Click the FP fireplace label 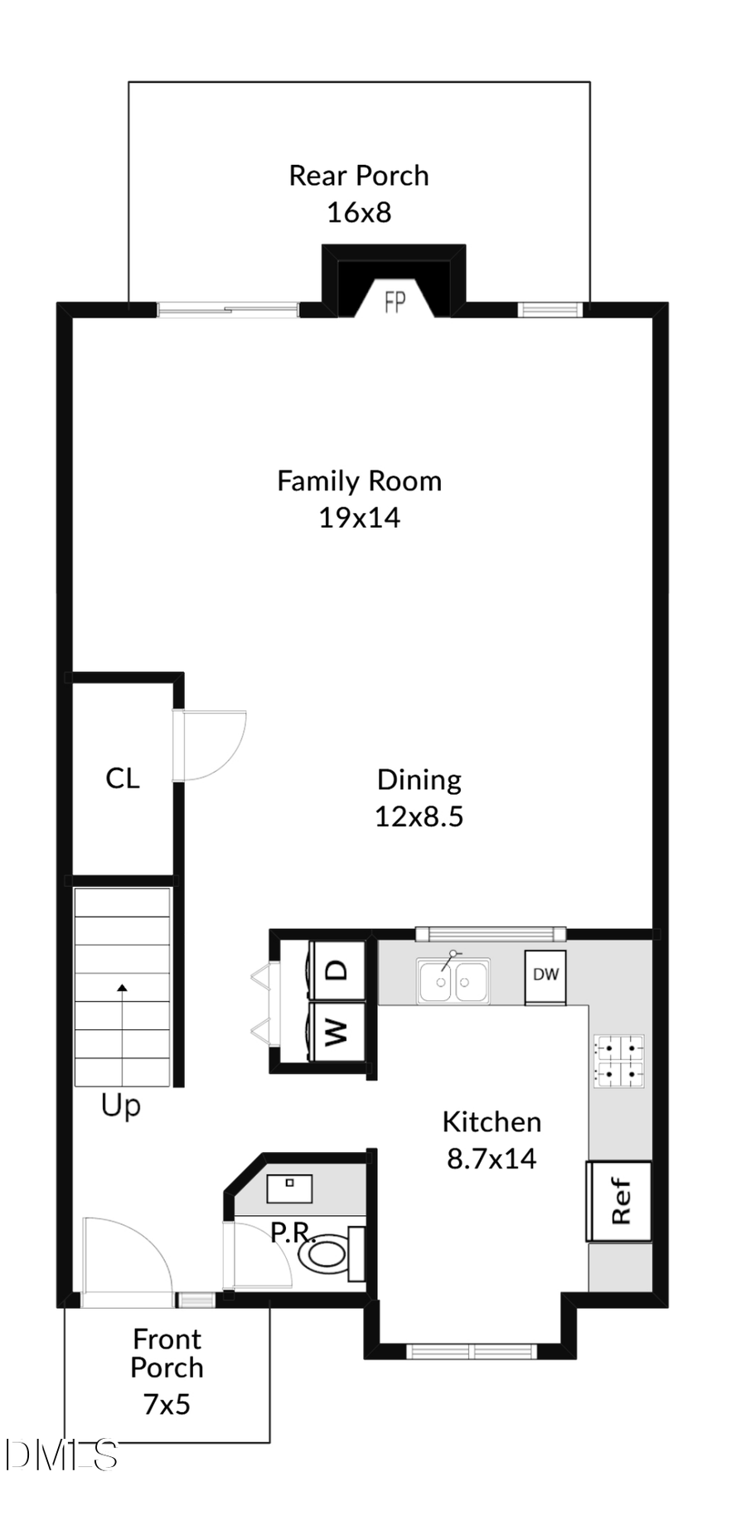(395, 303)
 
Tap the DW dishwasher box (545, 975)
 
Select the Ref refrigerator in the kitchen (619, 1201)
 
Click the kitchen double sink (453, 981)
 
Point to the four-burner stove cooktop (618, 1061)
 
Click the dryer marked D (337, 970)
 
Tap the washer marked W (337, 1032)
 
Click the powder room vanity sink (289, 1187)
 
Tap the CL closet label (123, 778)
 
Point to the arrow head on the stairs (123, 987)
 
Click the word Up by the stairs (121, 1106)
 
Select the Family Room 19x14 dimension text (359, 518)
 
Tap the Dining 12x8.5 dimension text (419, 817)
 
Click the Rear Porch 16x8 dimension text (359, 213)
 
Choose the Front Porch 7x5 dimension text (167, 1404)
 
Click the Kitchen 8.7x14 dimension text (492, 1159)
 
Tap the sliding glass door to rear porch (228, 311)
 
